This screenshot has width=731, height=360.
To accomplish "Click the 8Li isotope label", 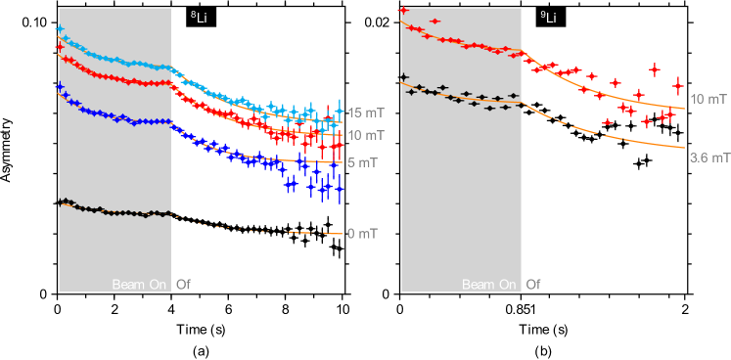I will point(198,18).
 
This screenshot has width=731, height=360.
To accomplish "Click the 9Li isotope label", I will point(548,18).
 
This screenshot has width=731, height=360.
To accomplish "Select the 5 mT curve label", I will point(362,162).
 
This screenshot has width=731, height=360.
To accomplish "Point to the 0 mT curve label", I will point(362,234).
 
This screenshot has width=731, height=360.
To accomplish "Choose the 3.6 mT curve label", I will point(709,157).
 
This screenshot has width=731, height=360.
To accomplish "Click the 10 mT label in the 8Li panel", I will point(365,135).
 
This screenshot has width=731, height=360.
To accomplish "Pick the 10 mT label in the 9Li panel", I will point(708,99).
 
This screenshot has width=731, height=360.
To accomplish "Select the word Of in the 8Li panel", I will point(183,285).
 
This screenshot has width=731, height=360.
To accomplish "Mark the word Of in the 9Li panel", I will point(533,285).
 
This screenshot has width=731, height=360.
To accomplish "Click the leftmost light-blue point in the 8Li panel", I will point(60,29).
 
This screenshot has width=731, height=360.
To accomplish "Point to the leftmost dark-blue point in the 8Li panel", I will point(60,87).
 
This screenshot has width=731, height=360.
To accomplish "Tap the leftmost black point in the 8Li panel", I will point(61,202).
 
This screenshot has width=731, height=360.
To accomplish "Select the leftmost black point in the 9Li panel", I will point(403,76).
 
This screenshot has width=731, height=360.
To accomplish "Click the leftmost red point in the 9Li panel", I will point(403,10).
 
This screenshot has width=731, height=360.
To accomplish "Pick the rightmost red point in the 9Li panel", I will point(677,85).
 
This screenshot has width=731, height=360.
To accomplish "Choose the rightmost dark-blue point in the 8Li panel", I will point(340,191).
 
